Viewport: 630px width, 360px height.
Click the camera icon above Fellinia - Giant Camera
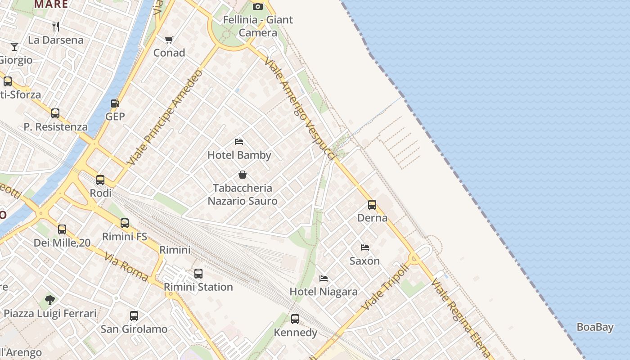(x=258, y=6)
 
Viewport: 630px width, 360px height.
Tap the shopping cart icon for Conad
(x=169, y=40)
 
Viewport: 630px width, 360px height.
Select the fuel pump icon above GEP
(x=115, y=103)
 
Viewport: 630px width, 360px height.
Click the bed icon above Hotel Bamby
(x=239, y=142)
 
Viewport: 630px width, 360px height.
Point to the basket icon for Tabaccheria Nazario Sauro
(x=243, y=175)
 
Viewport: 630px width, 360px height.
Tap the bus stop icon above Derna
(x=372, y=205)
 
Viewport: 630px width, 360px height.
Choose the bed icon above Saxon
(x=365, y=247)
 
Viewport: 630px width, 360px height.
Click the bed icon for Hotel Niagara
(x=324, y=279)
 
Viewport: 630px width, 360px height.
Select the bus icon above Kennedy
(x=295, y=319)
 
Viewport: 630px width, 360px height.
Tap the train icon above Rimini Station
(x=198, y=273)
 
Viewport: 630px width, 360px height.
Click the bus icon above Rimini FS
(x=125, y=223)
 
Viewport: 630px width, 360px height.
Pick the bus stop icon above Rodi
(x=100, y=180)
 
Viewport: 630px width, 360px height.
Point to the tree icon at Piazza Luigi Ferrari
(x=50, y=300)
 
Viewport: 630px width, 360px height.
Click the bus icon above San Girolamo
(x=134, y=316)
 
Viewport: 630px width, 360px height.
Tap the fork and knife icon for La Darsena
(x=56, y=27)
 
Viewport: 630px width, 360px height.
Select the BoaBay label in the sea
(x=595, y=327)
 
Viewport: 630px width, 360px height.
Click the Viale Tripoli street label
(x=385, y=287)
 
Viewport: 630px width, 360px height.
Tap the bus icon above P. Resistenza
(x=55, y=113)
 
